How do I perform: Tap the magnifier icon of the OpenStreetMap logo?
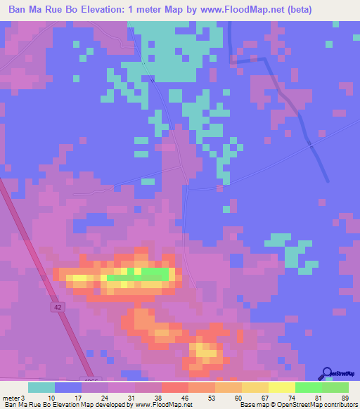tap(328, 372)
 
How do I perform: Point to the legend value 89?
tap(344, 397)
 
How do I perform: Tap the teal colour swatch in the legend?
tap(41, 387)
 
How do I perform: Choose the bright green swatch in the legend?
tap(308, 387)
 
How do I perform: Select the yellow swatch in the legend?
tap(282, 387)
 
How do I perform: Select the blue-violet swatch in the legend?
tap(68, 387)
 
